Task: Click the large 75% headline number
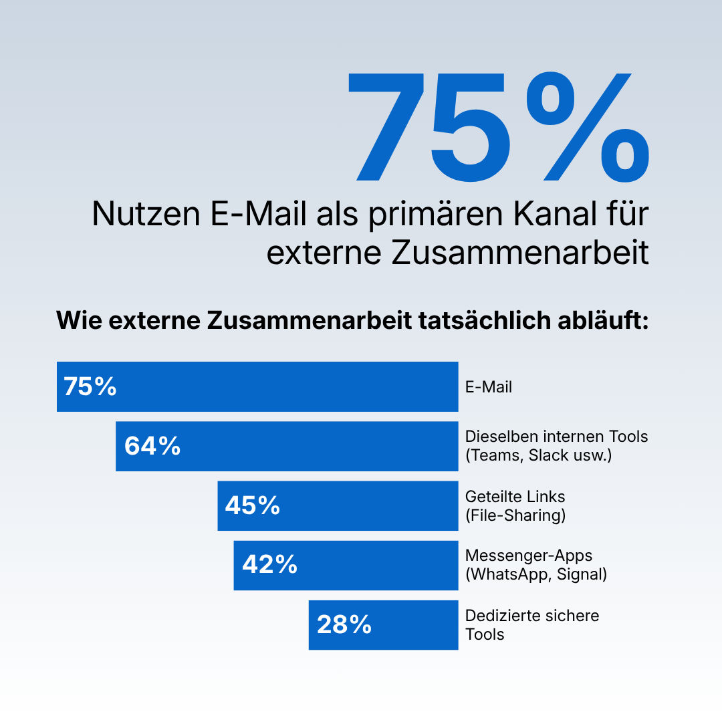(499, 126)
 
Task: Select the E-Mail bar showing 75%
(257, 386)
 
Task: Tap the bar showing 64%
(287, 446)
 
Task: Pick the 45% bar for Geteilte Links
(338, 505)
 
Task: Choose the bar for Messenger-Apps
(346, 566)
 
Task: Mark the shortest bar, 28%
(384, 625)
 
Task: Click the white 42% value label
(270, 564)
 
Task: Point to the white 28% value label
(344, 625)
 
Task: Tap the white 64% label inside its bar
(152, 446)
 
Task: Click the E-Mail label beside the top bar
(489, 387)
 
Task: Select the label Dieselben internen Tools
(556, 437)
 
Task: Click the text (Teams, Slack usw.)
(539, 455)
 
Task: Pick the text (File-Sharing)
(515, 515)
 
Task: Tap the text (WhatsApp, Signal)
(536, 574)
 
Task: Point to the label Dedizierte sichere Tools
(532, 625)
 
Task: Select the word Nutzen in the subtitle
(146, 214)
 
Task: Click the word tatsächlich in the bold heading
(485, 320)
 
